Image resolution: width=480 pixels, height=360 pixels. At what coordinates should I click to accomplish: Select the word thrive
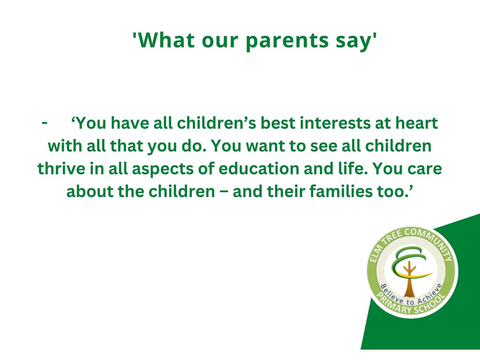pyautogui.click(x=61, y=169)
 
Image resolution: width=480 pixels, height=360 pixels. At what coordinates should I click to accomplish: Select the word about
pyautogui.click(x=90, y=192)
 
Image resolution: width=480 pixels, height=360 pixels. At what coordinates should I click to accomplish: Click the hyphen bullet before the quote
pyautogui.click(x=44, y=124)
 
